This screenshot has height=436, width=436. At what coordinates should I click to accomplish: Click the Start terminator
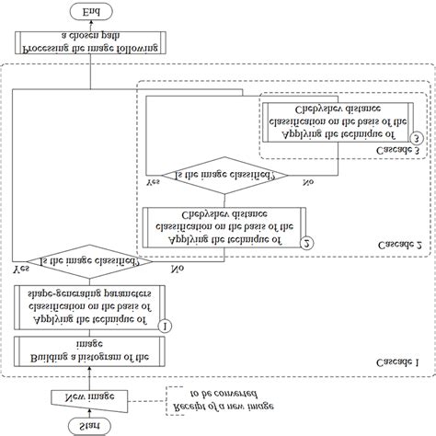coord(89,424)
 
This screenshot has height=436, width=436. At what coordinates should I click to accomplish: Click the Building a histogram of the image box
coord(89,350)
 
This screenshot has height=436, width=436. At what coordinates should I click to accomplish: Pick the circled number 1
coord(166,325)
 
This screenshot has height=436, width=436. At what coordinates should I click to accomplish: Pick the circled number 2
coord(307,242)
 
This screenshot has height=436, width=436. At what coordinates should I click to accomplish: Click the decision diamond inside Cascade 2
coord(224,174)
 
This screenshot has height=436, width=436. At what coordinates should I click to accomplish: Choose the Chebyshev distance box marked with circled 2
coord(224,226)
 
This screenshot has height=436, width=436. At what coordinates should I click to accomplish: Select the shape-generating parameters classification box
coord(89,304)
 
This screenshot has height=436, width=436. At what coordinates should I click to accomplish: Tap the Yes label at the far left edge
coord(19,270)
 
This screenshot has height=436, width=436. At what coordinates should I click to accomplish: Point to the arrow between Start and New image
coord(89,411)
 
